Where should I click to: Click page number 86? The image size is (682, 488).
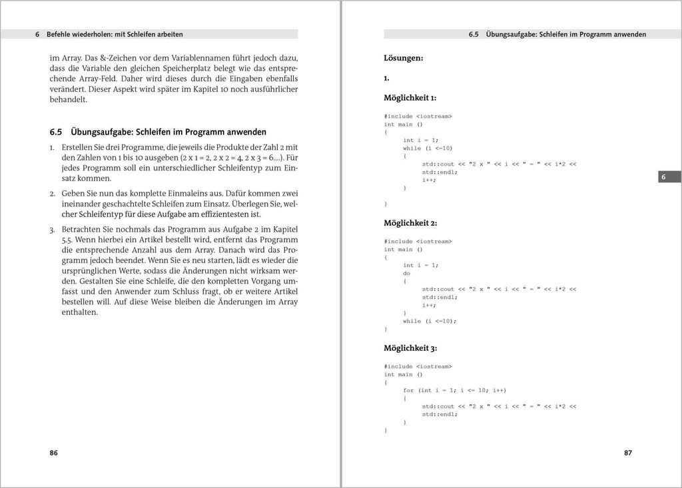coord(54,453)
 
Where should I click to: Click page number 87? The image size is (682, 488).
coord(627,453)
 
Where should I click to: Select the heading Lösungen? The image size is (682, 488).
coord(403,58)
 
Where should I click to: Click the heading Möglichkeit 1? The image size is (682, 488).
coord(410,98)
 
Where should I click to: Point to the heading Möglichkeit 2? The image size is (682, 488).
coord(410,222)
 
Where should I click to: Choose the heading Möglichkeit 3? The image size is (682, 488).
coord(410,348)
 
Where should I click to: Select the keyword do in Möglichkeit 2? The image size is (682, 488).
coord(406,273)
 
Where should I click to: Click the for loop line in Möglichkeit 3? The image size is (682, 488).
coord(454,390)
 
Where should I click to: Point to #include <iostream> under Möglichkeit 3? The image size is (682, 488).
coord(418,366)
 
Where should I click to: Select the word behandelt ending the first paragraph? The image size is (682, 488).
coord(69,100)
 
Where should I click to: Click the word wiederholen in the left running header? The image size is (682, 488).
coord(96,34)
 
